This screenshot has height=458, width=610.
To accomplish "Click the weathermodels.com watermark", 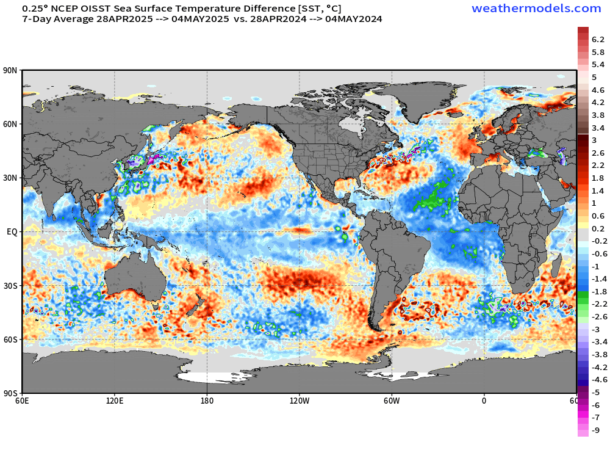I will tap(536, 9).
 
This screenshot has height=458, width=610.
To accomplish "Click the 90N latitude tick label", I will tap(10, 71).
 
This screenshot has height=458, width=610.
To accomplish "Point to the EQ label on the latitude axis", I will tap(12, 232).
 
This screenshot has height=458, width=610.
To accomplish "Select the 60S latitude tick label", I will tap(10, 340).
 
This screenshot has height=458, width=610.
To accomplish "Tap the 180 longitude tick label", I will tap(207, 401).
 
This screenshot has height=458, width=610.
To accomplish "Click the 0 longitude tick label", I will tap(484, 401).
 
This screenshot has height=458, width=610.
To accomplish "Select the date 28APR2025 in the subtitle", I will tap(122, 19).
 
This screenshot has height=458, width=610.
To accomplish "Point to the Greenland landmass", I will tap(421, 101).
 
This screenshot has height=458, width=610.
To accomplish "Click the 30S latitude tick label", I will tap(10, 286).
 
